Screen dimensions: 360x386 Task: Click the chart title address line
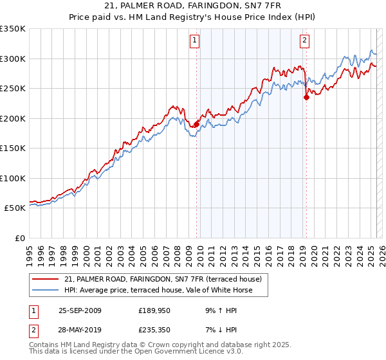pos(192,6)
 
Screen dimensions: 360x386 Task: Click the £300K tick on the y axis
pos(12,59)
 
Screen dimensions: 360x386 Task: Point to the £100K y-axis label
pos(12,178)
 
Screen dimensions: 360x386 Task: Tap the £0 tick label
pos(19,238)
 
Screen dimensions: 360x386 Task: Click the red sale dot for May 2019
pos(306,98)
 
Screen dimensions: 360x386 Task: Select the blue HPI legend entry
pos(158,291)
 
